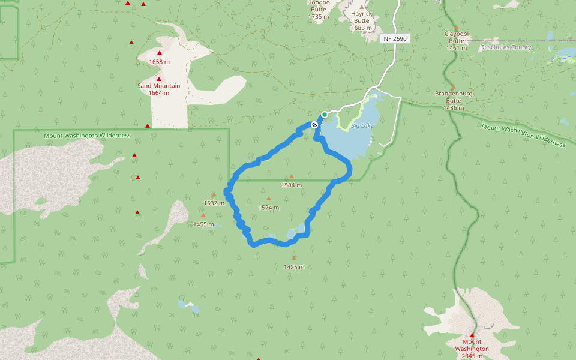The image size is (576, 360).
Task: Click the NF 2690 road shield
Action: click(x=394, y=38)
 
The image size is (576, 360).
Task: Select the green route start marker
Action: click(x=325, y=114)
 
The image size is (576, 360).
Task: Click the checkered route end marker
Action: click(x=314, y=125)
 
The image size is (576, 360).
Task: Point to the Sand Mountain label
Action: click(x=158, y=86)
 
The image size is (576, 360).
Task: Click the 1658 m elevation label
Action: click(x=159, y=62)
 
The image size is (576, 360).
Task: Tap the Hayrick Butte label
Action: click(x=362, y=21)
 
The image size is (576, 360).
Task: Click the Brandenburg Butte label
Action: click(x=454, y=100)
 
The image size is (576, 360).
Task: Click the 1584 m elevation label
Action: click(x=292, y=185)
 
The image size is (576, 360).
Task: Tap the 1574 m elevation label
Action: click(x=269, y=208)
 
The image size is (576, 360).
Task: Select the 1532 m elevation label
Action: click(x=214, y=203)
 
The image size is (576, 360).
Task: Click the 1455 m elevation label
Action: click(x=203, y=224)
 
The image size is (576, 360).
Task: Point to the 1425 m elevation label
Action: click(x=293, y=267)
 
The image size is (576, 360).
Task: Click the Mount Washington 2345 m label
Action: click(x=472, y=349)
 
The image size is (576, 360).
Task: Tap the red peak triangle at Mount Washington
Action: click(x=472, y=335)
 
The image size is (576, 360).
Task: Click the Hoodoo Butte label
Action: click(x=319, y=9)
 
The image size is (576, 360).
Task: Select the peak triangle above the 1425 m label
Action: click(x=293, y=258)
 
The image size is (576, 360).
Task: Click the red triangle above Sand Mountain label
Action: click(x=159, y=79)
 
